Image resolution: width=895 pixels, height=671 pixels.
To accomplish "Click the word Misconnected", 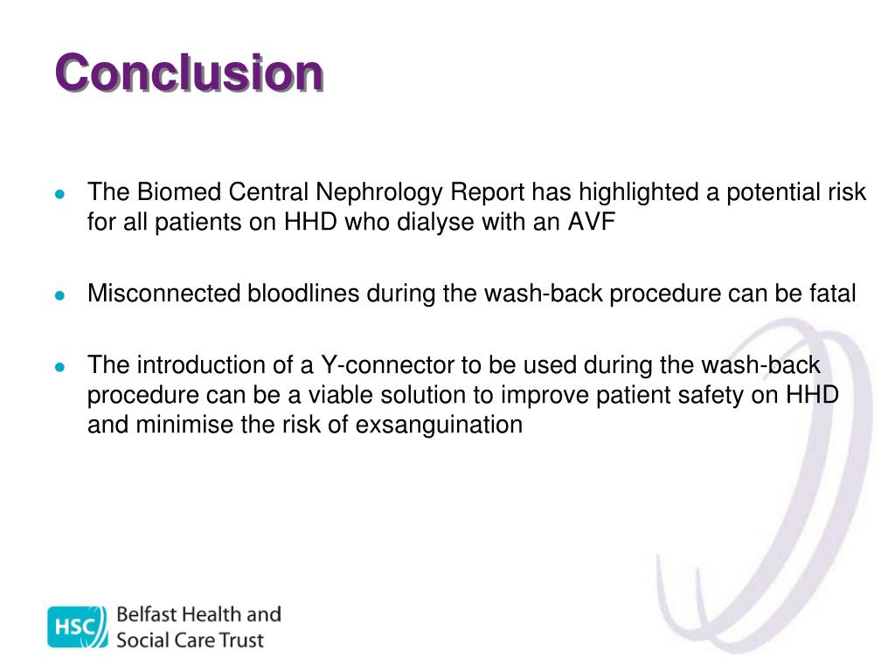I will pos(162,294).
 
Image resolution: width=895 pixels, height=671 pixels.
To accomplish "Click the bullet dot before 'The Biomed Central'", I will pos(59,194).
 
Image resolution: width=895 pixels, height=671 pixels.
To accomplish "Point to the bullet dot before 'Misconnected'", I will pos(59,295).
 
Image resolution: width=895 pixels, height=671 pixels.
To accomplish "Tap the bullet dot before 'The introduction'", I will pos(59,367).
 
